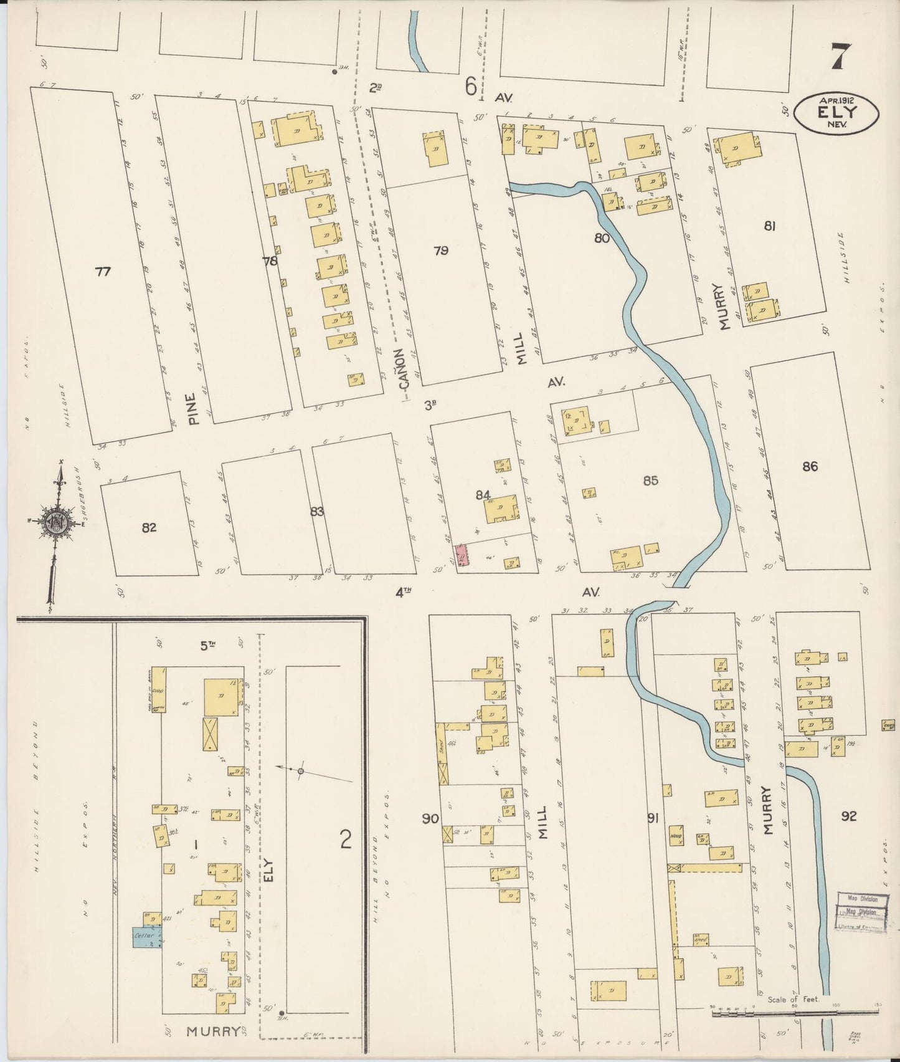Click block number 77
pyautogui.click(x=103, y=271)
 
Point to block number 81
pyautogui.click(x=769, y=227)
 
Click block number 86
pyautogui.click(x=810, y=466)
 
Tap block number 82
pyautogui.click(x=148, y=528)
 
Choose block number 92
pyautogui.click(x=848, y=816)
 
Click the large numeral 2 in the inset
pyautogui.click(x=346, y=841)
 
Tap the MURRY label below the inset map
pyautogui.click(x=213, y=1031)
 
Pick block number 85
pyautogui.click(x=651, y=481)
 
